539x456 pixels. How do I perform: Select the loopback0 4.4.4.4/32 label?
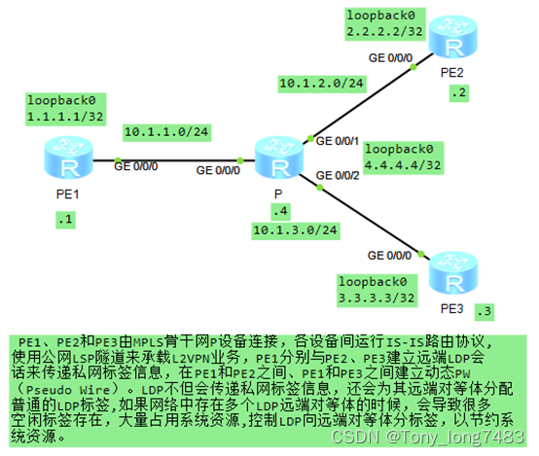(x=403, y=157)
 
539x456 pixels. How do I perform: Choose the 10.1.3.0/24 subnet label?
(x=295, y=230)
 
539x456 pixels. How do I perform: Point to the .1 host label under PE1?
(x=65, y=220)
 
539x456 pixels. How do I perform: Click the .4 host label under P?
(x=280, y=211)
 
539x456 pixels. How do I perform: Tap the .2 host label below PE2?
(x=457, y=93)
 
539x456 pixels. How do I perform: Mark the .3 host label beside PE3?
(x=483, y=311)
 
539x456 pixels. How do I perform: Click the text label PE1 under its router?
(x=66, y=195)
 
